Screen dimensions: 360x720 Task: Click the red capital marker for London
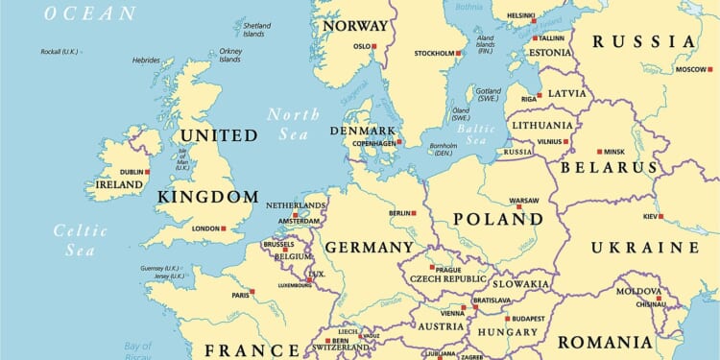[224, 228]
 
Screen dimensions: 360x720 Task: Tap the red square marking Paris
[252, 292]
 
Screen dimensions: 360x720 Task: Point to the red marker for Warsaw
[518, 206]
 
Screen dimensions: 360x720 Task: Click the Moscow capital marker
[709, 69]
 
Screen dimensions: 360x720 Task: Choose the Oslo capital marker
[374, 46]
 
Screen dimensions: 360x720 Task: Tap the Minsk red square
[599, 152]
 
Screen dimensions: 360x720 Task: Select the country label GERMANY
[369, 248]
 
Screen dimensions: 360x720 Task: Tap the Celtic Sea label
[74, 240]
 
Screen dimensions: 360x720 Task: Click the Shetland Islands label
[256, 29]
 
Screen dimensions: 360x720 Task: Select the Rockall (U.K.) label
[60, 52]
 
